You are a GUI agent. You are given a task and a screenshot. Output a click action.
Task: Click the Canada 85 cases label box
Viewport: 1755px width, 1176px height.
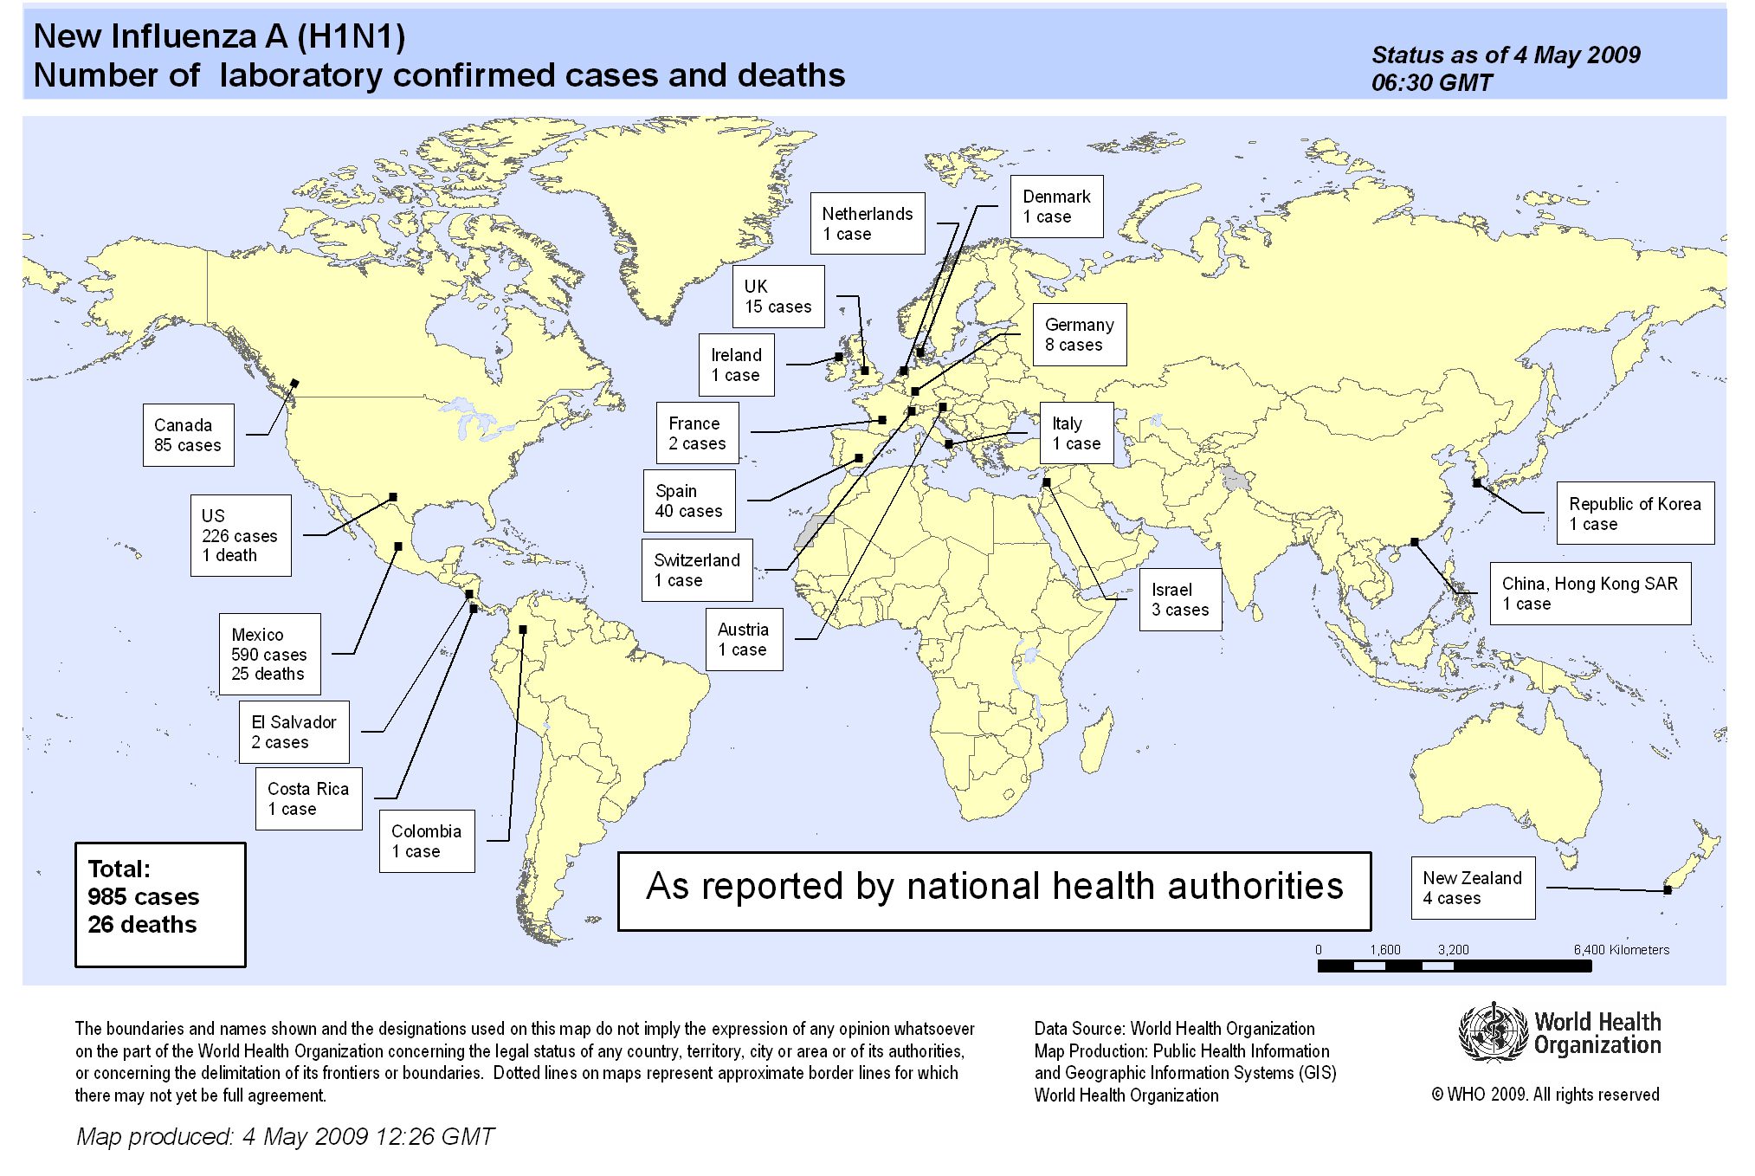(x=188, y=435)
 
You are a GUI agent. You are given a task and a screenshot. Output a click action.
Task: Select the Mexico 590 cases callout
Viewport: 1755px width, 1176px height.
(x=269, y=654)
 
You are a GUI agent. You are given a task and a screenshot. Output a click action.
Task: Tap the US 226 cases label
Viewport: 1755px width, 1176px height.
(x=240, y=535)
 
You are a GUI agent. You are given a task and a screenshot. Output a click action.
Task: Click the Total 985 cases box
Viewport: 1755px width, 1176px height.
(x=160, y=904)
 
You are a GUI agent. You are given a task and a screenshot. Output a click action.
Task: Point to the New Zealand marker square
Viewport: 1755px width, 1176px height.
(x=1668, y=889)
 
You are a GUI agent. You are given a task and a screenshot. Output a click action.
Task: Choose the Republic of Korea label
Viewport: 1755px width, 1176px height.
(x=1635, y=513)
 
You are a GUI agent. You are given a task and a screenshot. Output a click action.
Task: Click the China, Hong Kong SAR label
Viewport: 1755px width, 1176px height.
(x=1590, y=593)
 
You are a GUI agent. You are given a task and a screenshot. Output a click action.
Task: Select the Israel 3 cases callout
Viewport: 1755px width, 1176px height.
(x=1179, y=599)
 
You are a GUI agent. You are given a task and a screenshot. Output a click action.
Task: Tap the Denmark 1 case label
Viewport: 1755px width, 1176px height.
(x=1056, y=206)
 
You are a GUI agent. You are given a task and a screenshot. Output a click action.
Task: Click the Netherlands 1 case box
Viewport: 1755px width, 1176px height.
(x=867, y=223)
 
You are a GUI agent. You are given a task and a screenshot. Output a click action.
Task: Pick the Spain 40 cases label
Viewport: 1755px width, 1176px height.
(x=688, y=501)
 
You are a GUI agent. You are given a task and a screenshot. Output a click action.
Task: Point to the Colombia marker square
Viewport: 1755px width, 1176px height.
(x=523, y=630)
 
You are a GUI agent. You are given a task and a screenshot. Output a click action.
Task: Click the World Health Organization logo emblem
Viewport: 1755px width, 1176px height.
(x=1494, y=1032)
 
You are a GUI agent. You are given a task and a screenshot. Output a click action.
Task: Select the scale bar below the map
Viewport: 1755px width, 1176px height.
(x=1454, y=966)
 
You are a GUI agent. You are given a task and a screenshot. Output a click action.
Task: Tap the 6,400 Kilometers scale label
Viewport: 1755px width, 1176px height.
(x=1621, y=950)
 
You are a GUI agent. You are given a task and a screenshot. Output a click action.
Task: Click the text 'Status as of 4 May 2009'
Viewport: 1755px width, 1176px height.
(x=1506, y=55)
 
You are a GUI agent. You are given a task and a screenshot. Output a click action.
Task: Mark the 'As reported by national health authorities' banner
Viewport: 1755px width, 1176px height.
(x=994, y=890)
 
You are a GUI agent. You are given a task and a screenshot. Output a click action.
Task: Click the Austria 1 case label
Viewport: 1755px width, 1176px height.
(x=743, y=639)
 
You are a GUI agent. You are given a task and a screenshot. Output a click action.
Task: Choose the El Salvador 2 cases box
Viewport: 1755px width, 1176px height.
(x=294, y=732)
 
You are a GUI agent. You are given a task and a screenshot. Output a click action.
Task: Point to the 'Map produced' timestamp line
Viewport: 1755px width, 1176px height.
(x=285, y=1136)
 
